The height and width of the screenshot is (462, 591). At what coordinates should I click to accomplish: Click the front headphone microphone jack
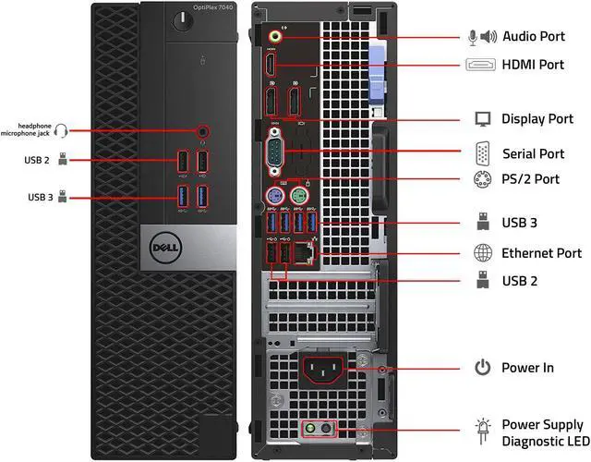tap(203, 131)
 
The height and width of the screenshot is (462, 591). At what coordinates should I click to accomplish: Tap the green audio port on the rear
tap(273, 37)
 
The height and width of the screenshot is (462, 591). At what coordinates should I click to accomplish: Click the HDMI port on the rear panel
tap(270, 66)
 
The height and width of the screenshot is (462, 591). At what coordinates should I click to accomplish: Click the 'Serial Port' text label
tap(533, 152)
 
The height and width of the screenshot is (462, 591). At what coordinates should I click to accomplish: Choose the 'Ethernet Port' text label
tap(541, 252)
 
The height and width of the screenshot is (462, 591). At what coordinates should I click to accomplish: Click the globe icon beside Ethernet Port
tap(482, 252)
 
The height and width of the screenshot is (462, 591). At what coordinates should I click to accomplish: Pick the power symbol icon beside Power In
tap(482, 368)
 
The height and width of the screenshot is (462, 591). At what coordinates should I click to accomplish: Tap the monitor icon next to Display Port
tap(482, 118)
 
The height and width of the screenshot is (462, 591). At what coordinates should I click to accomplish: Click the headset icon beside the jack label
tap(62, 131)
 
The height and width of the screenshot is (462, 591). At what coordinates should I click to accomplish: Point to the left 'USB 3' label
tap(40, 197)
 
